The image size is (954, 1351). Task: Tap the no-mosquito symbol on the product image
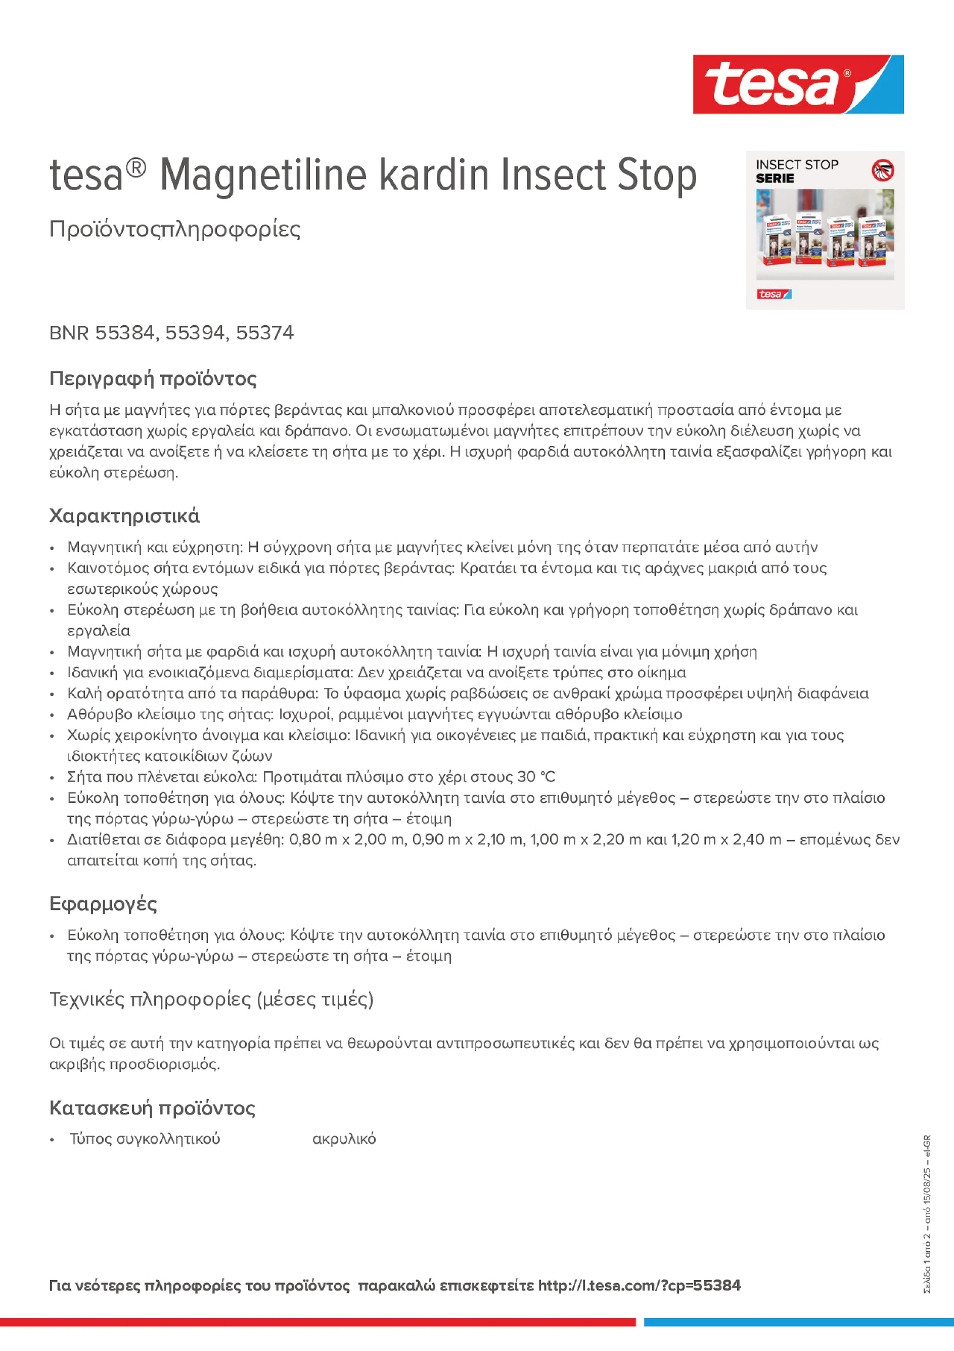pyautogui.click(x=882, y=170)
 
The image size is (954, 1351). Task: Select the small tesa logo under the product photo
pyautogui.click(x=774, y=294)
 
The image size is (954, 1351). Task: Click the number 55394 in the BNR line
pyautogui.click(x=195, y=332)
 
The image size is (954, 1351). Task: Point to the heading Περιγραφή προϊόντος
pyautogui.click(x=153, y=378)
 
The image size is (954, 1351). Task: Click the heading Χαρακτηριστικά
pyautogui.click(x=124, y=516)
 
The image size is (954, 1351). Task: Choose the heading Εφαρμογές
pyautogui.click(x=103, y=903)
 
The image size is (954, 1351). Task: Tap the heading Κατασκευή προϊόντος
pyautogui.click(x=152, y=1108)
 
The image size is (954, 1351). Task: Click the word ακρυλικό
pyautogui.click(x=343, y=1139)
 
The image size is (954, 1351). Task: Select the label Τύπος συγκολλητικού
pyautogui.click(x=145, y=1139)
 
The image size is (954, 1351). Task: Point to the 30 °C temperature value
pyautogui.click(x=536, y=777)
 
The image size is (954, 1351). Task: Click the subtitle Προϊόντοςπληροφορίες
pyautogui.click(x=175, y=229)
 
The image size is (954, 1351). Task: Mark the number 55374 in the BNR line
pyautogui.click(x=265, y=332)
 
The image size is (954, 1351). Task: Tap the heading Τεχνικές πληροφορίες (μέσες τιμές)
pyautogui.click(x=211, y=999)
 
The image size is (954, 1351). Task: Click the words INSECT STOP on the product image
pyautogui.click(x=796, y=165)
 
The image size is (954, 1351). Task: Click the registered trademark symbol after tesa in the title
pyautogui.click(x=136, y=168)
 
